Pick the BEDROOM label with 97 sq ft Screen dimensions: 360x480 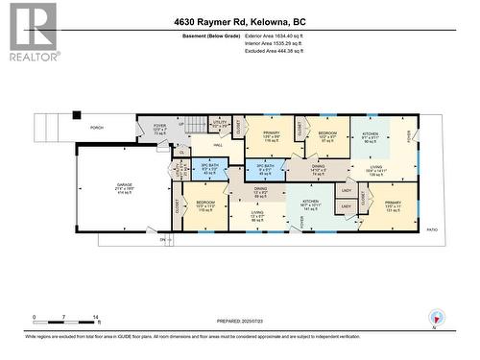click(x=327, y=135)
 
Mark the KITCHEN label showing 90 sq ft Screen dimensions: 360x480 click(x=371, y=135)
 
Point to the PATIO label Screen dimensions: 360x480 click(x=431, y=229)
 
